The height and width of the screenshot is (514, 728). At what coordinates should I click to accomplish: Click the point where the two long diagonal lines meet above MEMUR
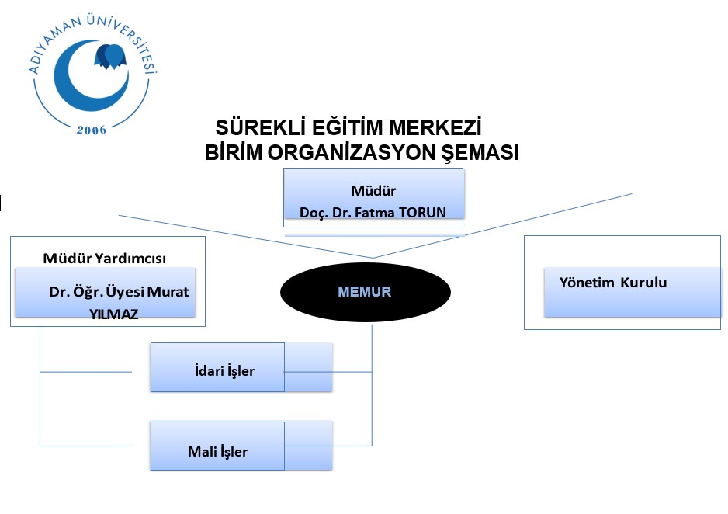point(373,257)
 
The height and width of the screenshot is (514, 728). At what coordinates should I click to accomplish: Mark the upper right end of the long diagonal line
point(632,193)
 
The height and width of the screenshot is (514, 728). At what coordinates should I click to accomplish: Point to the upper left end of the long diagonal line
point(119,215)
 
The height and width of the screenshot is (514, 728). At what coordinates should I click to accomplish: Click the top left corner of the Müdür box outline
point(284,169)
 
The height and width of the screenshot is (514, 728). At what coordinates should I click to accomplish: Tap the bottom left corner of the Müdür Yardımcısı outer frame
point(11,326)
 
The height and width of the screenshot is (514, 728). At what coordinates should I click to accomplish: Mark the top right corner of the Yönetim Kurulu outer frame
point(720,236)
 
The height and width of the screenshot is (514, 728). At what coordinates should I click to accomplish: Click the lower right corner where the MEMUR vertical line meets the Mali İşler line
point(372,446)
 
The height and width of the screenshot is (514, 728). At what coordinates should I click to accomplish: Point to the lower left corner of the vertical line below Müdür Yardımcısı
point(40,446)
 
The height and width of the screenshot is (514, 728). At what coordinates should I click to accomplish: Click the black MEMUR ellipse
point(366,292)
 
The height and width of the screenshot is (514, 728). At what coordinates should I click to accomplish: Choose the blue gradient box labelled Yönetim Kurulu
point(633,292)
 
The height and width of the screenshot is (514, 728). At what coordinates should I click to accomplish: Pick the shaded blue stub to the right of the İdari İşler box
point(308,367)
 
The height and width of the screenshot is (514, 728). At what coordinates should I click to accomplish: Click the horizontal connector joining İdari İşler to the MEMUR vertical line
point(328,372)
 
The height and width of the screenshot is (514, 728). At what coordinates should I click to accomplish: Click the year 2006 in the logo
point(92,130)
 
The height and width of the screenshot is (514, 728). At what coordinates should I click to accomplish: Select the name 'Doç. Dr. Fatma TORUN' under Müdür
point(373,213)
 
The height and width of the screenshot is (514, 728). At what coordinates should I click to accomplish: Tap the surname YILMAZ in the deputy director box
point(114,314)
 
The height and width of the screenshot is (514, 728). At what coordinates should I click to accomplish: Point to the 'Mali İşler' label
point(218,451)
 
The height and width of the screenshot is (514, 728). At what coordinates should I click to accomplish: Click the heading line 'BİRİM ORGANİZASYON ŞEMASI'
point(362,152)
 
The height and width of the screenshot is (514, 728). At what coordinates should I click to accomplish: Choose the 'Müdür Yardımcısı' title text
point(105,258)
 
